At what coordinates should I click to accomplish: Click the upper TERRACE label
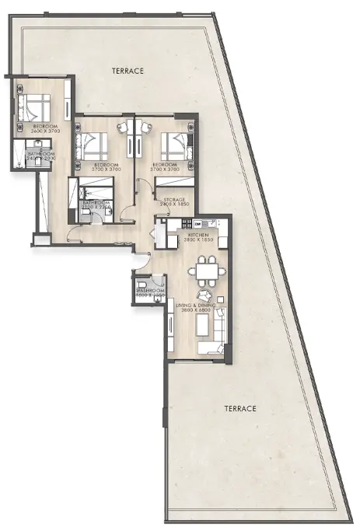click(x=128, y=71)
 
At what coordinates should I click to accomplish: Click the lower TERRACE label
click(x=240, y=408)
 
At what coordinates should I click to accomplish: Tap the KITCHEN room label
click(x=194, y=233)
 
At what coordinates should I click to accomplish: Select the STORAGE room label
click(x=174, y=199)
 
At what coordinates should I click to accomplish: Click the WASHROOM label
click(x=151, y=291)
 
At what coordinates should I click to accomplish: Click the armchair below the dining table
click(x=203, y=295)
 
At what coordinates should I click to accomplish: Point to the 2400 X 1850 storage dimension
click(x=174, y=204)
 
